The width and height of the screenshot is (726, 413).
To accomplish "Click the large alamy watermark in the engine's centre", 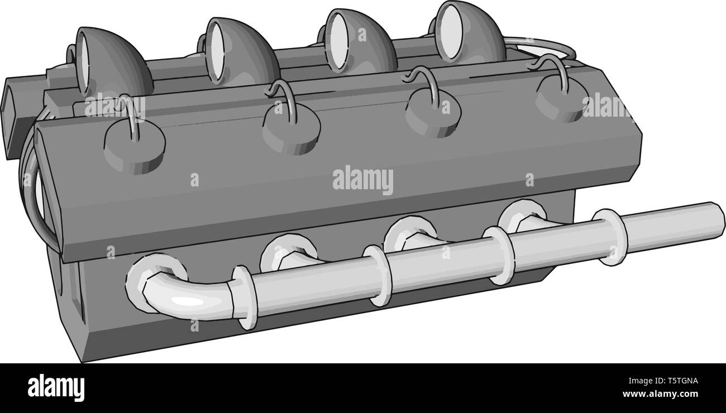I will [x=362, y=180].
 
